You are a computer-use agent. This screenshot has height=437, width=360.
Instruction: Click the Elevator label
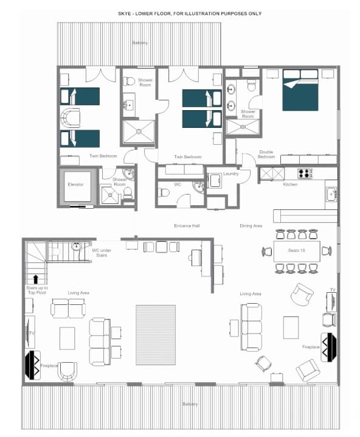[75, 184]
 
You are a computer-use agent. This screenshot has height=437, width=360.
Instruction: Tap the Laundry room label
[231, 173]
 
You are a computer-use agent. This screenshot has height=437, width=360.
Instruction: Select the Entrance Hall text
[187, 226]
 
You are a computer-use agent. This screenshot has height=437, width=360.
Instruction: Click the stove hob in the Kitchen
[305, 173]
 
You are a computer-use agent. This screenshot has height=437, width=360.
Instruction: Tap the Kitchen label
[290, 184]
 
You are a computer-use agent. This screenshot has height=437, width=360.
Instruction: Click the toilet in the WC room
[164, 193]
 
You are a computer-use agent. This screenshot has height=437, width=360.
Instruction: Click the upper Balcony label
[140, 43]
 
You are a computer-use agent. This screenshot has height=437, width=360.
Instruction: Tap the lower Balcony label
[190, 404]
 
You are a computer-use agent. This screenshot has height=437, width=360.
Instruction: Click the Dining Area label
[251, 226]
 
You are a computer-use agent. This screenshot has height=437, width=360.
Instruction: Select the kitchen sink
[331, 194]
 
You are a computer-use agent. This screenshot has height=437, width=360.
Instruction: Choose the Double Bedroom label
[266, 155]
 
